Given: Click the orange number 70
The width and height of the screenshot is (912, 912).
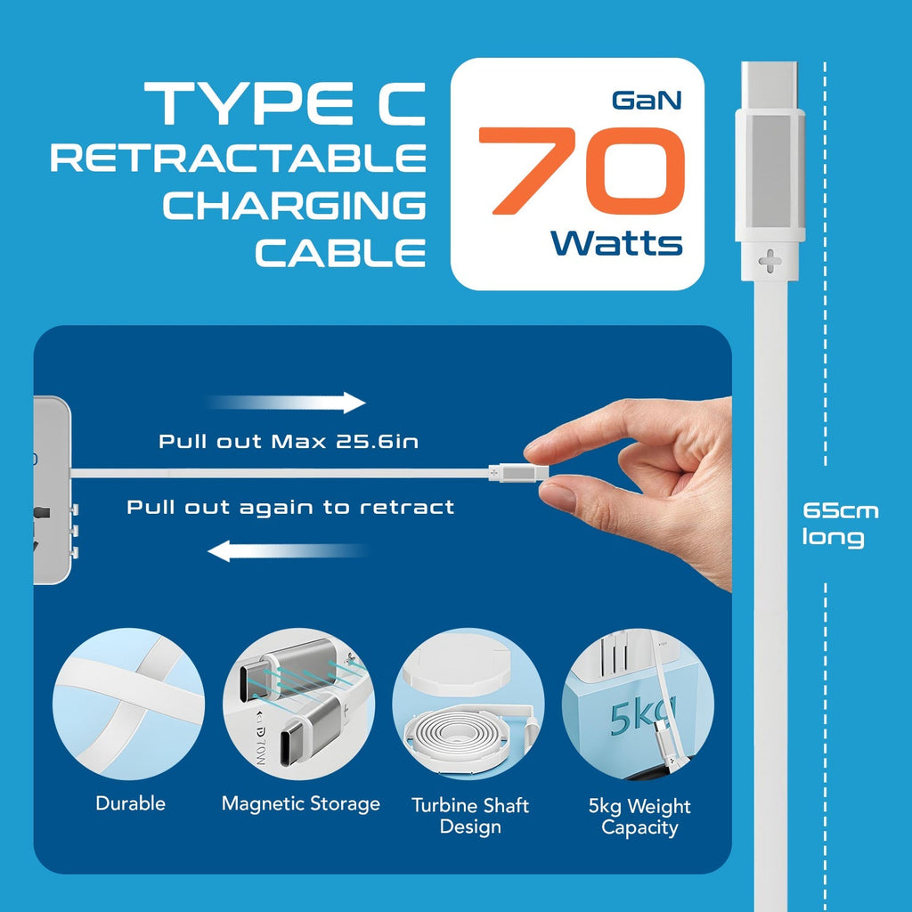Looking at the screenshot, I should pyautogui.click(x=580, y=173).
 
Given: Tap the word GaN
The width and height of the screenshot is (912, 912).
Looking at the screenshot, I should pyautogui.click(x=647, y=100).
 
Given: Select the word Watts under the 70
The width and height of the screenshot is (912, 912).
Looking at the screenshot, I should pyautogui.click(x=616, y=242).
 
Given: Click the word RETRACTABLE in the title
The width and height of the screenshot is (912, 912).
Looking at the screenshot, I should pyautogui.click(x=238, y=159).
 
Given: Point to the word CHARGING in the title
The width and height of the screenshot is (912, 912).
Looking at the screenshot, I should pyautogui.click(x=294, y=206).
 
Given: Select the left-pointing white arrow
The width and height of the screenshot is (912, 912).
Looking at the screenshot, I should pyautogui.click(x=288, y=551).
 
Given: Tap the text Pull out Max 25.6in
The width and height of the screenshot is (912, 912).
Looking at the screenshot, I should pyautogui.click(x=288, y=441).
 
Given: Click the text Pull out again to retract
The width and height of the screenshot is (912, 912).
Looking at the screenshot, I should pyautogui.click(x=290, y=508).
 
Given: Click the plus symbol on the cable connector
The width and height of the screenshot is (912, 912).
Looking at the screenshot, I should pyautogui.click(x=769, y=262).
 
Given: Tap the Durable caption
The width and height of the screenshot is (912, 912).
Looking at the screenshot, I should pyautogui.click(x=131, y=803).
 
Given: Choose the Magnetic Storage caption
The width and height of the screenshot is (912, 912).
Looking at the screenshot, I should pyautogui.click(x=301, y=803).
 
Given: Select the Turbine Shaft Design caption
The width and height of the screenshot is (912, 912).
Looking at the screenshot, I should pyautogui.click(x=470, y=816).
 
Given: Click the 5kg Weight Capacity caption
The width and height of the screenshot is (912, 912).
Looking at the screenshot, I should pyautogui.click(x=639, y=817).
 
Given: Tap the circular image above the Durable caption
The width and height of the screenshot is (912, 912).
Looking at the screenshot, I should pyautogui.click(x=128, y=704).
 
